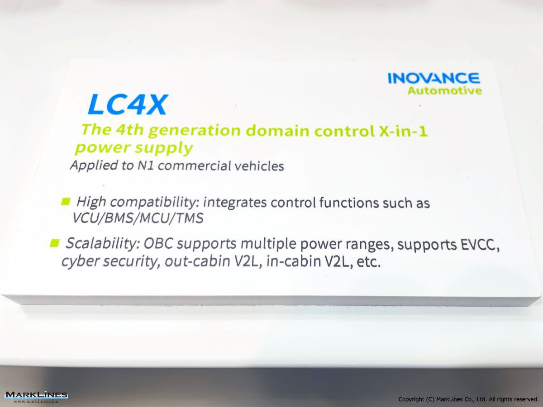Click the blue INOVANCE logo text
tap(433, 78)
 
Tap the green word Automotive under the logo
tap(445, 91)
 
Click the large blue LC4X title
tap(128, 104)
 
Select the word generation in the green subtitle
tap(195, 131)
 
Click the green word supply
tap(164, 149)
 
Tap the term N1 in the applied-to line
tap(145, 165)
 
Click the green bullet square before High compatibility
tap(66, 201)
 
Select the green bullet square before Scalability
tap(54, 243)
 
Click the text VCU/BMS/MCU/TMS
tap(138, 218)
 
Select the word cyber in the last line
tap(81, 261)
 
